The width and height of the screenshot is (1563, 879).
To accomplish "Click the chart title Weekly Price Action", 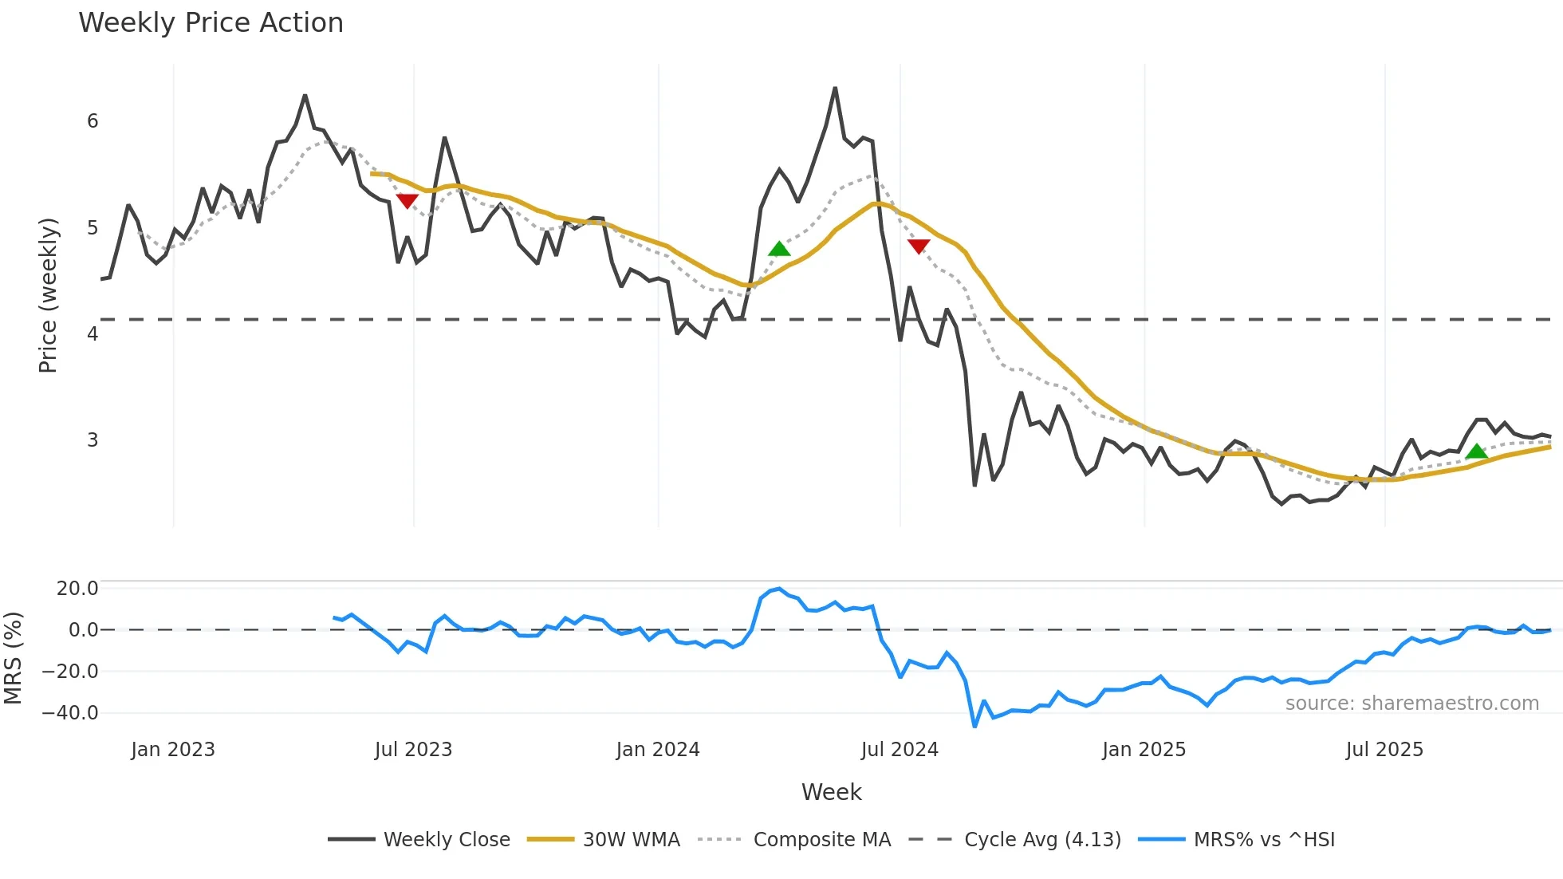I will point(211,23).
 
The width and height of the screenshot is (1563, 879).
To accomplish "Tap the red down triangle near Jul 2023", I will point(407,200).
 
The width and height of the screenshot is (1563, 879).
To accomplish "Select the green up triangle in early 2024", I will point(779,250).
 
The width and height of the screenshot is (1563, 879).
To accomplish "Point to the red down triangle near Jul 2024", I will point(919,246).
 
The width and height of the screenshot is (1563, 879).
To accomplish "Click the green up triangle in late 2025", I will point(1476,452).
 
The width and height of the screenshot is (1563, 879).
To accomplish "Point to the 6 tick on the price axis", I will point(93,121).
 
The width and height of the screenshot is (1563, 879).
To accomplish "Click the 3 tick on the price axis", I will point(93,440).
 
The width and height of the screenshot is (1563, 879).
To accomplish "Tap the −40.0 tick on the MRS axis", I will point(70,713).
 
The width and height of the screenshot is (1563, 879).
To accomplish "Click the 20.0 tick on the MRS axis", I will point(77,589).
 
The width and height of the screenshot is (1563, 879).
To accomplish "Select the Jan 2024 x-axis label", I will point(658,750).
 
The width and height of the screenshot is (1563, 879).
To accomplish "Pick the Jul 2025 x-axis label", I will point(1384,750).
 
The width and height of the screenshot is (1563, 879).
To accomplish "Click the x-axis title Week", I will point(831,792).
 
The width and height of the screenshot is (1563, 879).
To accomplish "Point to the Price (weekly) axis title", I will point(49,295).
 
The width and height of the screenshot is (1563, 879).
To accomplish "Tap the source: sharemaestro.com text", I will point(1411,704).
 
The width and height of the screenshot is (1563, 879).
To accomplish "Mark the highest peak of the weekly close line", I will point(835,88).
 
